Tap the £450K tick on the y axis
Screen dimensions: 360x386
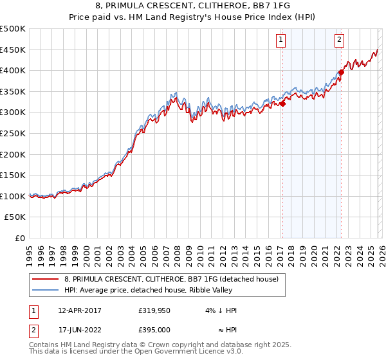point(13,50)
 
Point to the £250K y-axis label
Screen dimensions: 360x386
point(13,133)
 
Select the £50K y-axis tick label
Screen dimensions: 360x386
point(15,217)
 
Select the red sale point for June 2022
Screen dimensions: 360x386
point(341,73)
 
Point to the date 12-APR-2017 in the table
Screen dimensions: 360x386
point(80,310)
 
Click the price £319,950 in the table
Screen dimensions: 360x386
point(153,310)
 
